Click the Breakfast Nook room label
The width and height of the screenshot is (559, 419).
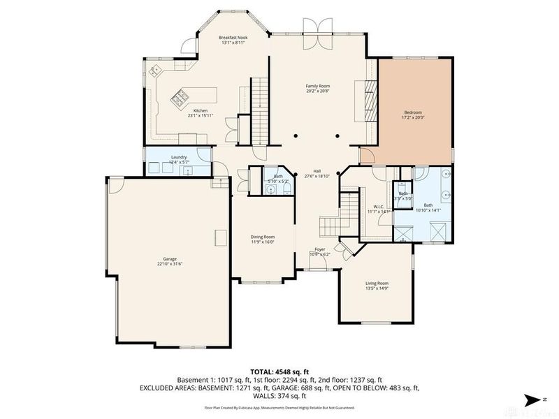click(x=233, y=38)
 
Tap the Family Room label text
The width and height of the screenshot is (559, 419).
click(x=317, y=87)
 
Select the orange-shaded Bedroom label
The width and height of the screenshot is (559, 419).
click(x=413, y=112)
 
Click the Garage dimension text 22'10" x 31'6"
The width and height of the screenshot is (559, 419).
click(x=166, y=264)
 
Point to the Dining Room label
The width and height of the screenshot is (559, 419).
click(x=263, y=237)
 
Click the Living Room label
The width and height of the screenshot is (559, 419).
click(x=377, y=283)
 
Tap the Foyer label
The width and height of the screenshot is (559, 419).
click(x=319, y=249)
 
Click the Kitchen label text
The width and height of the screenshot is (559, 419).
click(x=201, y=111)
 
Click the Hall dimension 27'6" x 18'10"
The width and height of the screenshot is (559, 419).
click(x=317, y=176)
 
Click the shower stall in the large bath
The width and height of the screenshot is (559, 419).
click(x=438, y=230)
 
